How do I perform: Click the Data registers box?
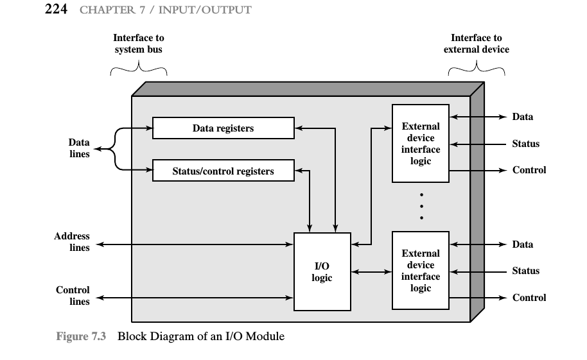pos(223,128)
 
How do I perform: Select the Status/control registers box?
pos(223,171)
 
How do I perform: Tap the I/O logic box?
pos(322,271)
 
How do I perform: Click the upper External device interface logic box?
pos(421,143)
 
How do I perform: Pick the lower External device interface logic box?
pos(421,271)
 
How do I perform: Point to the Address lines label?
pos(72,242)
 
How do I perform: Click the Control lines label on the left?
pos(73,296)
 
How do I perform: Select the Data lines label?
pos(79,148)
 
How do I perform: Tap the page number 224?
pos(56,9)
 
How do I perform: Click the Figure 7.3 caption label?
pos(81,336)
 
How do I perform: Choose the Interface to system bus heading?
pos(139,44)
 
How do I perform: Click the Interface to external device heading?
pos(476,44)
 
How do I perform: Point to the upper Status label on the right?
pos(525,144)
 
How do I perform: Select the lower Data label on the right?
pos(523,244)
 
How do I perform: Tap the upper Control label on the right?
pos(529,170)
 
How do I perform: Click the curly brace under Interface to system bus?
pos(139,69)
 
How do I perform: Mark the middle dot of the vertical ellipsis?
pos(421,206)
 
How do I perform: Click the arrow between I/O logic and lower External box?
pos(371,271)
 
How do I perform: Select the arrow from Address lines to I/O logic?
pos(195,244)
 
